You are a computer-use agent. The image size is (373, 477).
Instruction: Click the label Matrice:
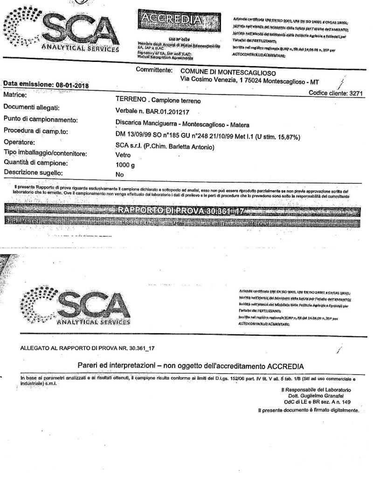pyautogui.click(x=14, y=95)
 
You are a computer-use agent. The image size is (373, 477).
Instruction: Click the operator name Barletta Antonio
pyautogui.click(x=193, y=148)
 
